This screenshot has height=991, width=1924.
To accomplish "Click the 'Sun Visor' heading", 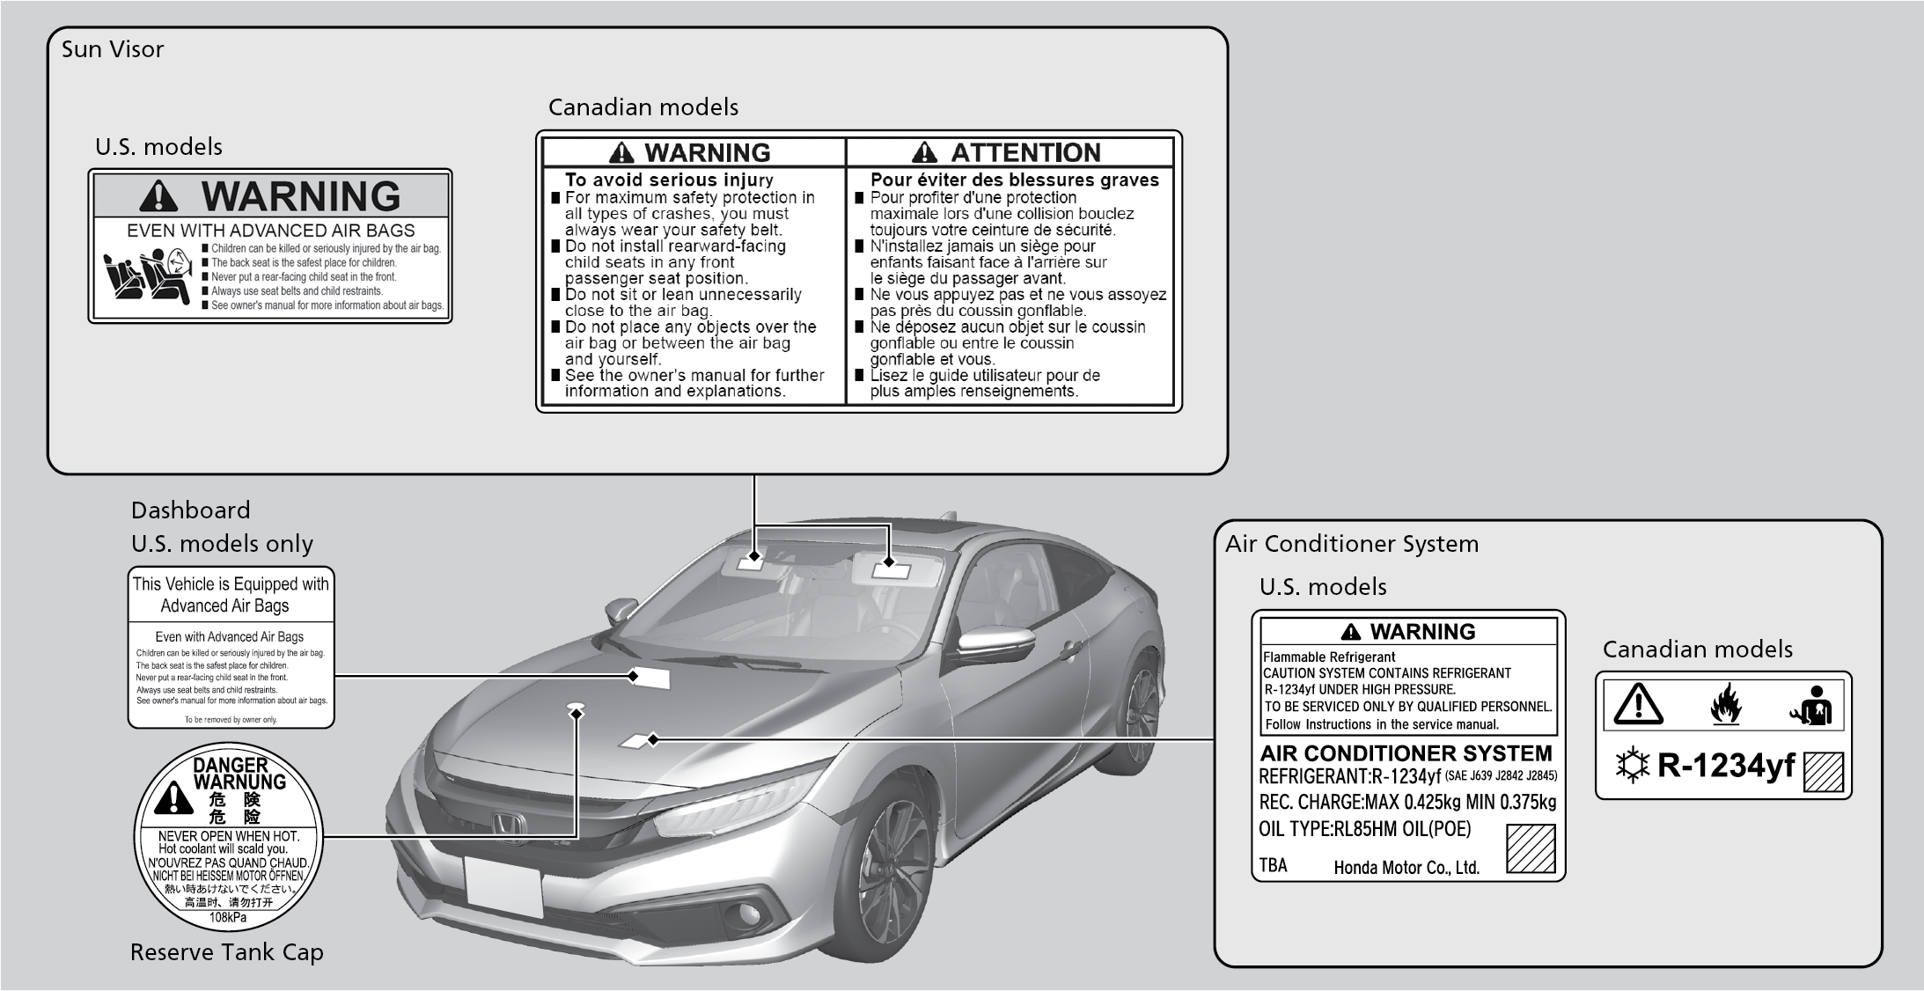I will coord(113,49).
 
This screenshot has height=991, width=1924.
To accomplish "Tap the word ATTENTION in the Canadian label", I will coord(1025,153).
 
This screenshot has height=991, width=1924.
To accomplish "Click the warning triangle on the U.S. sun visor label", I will coord(158,196).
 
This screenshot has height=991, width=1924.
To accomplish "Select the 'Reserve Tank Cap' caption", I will coord(227,952).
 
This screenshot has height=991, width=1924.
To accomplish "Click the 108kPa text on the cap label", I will coord(228,918).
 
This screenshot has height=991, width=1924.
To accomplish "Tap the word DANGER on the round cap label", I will coord(231,766).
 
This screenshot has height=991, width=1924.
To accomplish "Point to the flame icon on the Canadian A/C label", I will coord(1726,704).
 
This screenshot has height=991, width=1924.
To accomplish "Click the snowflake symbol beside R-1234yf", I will coord(1633,767).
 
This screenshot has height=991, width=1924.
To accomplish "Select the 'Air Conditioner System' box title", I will coord(1352,544).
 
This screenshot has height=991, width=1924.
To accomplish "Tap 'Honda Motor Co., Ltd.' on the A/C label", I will coord(1406,868).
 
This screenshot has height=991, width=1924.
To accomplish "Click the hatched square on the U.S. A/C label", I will coord(1531,848).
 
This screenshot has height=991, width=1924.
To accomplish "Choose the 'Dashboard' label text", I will coord(191,510).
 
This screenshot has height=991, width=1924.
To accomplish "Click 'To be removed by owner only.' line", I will coord(231,720).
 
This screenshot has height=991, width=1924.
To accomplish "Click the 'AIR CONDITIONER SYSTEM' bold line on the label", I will coord(1406,753).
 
